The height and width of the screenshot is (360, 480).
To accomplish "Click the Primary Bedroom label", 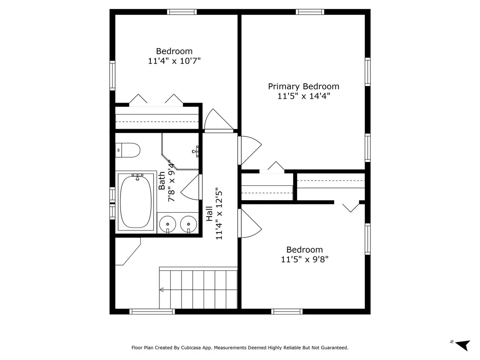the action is (x=303, y=86).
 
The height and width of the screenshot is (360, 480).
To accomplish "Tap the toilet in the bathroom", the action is (x=128, y=150).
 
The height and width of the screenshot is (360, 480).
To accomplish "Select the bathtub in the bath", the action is (x=136, y=201).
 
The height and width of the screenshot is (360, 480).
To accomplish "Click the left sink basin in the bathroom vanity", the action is (x=168, y=224).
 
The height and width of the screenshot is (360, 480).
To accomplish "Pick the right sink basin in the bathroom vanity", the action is (x=188, y=224).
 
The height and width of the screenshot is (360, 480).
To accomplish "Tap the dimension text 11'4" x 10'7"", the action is (x=174, y=61).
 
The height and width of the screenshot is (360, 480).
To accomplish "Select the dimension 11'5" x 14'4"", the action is (x=304, y=96).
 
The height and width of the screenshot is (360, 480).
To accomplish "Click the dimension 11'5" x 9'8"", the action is (x=305, y=259).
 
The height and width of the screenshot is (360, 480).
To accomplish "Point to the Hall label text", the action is (x=209, y=214).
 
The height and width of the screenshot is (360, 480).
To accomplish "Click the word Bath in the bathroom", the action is (x=162, y=181).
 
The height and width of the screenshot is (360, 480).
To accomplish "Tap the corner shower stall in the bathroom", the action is (x=180, y=151).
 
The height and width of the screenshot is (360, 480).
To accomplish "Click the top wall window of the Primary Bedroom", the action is (x=310, y=12).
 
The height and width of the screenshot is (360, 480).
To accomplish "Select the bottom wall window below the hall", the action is (x=152, y=311).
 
